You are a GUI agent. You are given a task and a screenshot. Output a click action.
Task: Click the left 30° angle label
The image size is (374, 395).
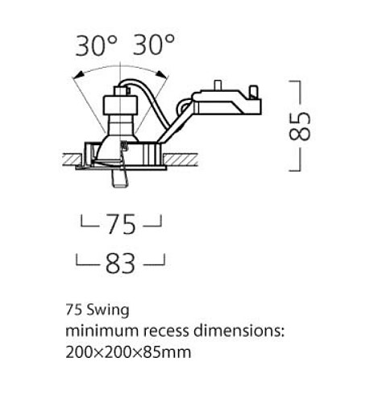tap(98, 46)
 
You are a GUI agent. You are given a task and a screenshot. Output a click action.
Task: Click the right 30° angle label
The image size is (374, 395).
tap(155, 46)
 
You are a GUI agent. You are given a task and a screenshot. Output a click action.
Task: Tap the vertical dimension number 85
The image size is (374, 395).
tap(300, 126)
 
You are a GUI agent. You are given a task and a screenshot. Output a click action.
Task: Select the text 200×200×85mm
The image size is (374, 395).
tap(127, 351)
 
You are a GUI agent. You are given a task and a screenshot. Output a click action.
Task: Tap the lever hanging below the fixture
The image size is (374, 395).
tap(119, 180)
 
